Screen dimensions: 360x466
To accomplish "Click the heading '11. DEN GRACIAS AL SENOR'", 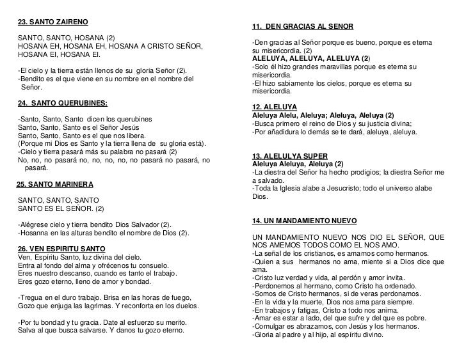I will (x=307, y=26).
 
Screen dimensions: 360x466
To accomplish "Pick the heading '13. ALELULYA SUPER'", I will (x=290, y=155).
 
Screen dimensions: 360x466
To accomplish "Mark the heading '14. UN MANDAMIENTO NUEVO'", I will (x=305, y=221).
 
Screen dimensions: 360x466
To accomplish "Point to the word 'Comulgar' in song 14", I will (x=271, y=325).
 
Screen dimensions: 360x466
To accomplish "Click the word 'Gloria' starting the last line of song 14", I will (x=266, y=334).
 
